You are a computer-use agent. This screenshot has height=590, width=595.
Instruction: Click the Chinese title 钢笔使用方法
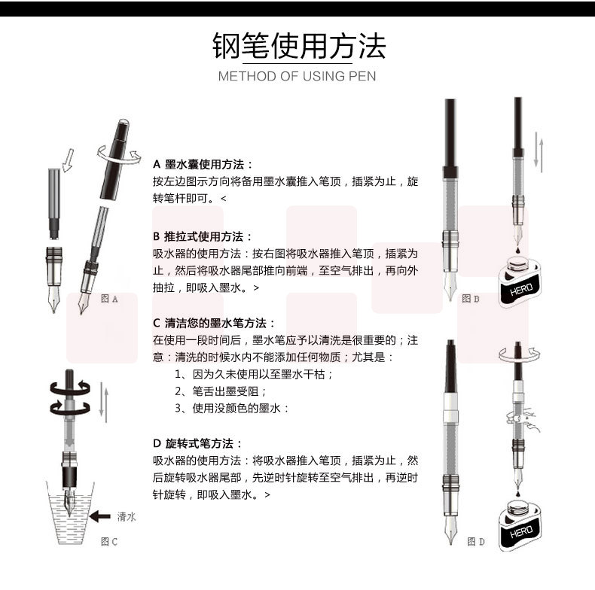(x=299, y=46)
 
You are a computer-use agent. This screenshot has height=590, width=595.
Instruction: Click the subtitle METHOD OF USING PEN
(x=297, y=76)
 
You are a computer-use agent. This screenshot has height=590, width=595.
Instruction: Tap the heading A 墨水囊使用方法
(x=203, y=165)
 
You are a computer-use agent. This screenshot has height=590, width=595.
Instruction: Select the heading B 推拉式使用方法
(x=203, y=236)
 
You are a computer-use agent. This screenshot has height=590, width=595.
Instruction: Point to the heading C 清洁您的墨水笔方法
(x=215, y=323)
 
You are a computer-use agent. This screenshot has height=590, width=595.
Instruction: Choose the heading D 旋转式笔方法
(x=197, y=444)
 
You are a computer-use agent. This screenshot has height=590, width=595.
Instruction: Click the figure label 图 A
(x=109, y=299)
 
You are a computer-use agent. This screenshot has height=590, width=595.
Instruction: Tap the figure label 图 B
(x=471, y=299)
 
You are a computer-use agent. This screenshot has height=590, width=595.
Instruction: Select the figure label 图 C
(x=109, y=542)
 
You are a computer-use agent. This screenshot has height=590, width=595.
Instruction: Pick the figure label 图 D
(x=476, y=542)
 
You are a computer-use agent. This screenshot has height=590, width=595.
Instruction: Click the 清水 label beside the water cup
(x=127, y=516)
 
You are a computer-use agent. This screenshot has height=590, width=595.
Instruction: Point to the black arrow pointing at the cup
(x=100, y=516)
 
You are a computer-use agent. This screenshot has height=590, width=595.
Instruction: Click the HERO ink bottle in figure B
(x=519, y=281)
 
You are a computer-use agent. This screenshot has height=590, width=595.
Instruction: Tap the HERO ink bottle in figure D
(x=519, y=525)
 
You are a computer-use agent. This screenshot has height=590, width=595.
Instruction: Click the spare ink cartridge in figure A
(x=54, y=204)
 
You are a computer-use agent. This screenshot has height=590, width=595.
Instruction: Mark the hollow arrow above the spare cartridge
(x=68, y=160)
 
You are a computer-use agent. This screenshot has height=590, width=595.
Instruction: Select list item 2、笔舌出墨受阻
(x=220, y=391)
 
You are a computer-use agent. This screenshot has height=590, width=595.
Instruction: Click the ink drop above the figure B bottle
(x=517, y=251)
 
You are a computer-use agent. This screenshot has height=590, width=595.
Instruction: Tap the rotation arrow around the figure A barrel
(x=119, y=156)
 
